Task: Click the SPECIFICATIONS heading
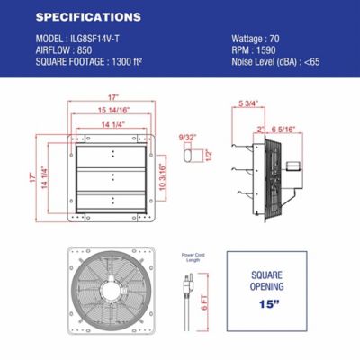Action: pos(88,17)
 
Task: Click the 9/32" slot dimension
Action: pos(187,137)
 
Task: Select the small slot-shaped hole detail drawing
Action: pos(188,157)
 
